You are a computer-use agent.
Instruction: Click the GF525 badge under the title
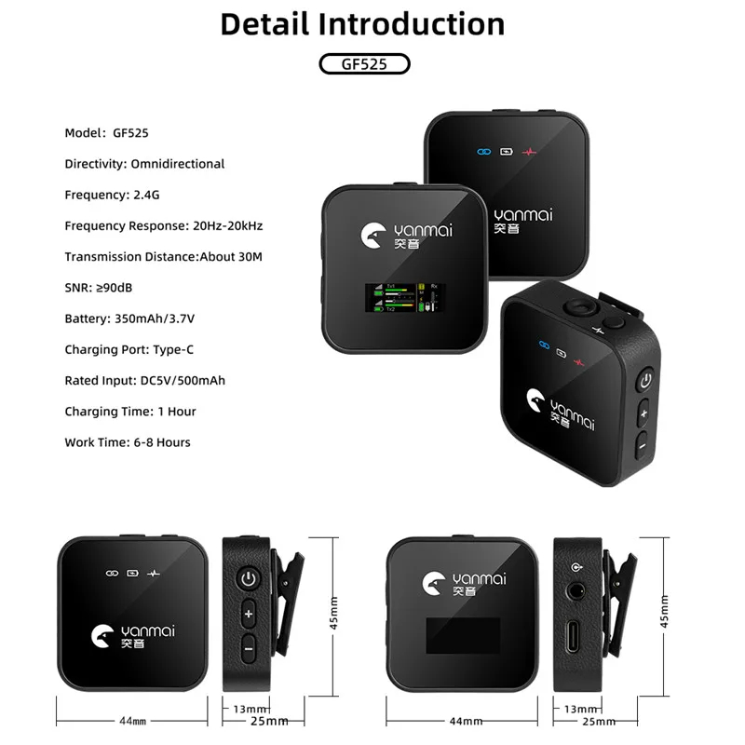pos(363,64)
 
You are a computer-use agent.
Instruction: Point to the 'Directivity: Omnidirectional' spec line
pos(144,164)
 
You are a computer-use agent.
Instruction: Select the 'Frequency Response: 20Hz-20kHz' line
pos(163,225)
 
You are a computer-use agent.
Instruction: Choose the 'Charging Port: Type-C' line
pos(129,349)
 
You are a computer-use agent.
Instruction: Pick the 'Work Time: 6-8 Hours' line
pos(128,442)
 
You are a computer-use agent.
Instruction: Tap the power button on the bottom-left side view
pos(248,580)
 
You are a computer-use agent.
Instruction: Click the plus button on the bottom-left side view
pos(248,614)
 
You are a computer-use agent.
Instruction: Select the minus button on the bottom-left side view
pos(248,646)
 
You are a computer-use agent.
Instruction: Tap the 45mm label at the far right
pos(663,613)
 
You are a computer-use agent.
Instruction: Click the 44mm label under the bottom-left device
pos(132,721)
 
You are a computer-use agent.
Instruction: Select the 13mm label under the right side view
pos(574,709)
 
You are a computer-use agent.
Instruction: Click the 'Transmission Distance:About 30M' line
pos(163,256)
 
